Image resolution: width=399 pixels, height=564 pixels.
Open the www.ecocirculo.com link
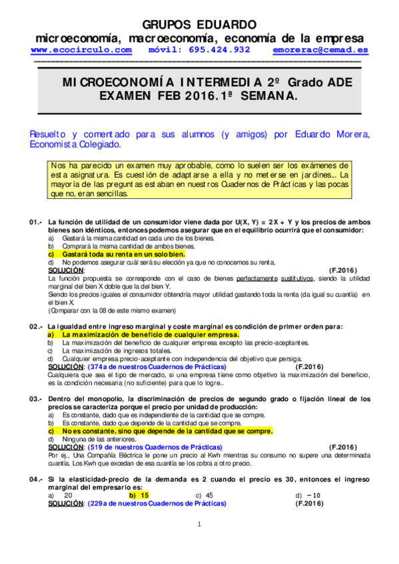click(x=81, y=50)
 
